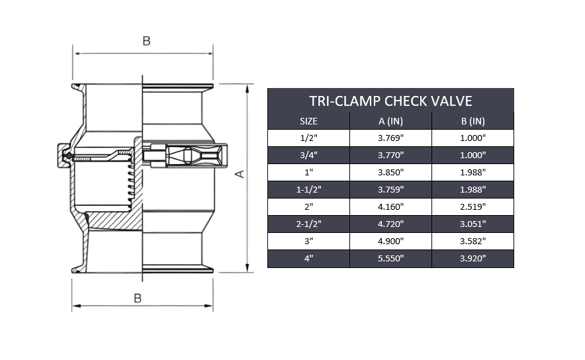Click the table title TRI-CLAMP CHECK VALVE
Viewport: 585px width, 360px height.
tap(390, 101)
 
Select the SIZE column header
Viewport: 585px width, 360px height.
tap(308, 121)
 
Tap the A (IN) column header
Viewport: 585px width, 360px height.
tap(390, 121)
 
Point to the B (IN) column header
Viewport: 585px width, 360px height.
tap(472, 121)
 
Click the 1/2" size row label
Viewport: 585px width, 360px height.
tap(308, 138)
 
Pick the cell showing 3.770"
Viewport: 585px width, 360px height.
tap(390, 156)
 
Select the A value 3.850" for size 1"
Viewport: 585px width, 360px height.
tap(390, 173)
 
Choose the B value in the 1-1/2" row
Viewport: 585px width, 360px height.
tap(472, 190)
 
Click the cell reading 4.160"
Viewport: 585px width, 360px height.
tap(390, 207)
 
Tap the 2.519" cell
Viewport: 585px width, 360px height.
tap(472, 207)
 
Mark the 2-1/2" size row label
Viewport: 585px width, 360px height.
tap(308, 224)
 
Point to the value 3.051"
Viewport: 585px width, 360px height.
tap(472, 224)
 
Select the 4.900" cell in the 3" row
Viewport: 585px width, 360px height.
tap(390, 242)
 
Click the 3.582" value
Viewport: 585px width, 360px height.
tap(472, 242)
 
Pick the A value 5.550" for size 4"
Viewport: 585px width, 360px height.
tap(390, 259)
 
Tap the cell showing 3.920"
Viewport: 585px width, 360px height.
tap(472, 259)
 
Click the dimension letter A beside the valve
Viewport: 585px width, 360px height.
tap(240, 173)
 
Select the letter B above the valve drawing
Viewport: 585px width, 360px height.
tap(146, 41)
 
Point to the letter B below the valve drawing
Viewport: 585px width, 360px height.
tap(138, 298)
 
